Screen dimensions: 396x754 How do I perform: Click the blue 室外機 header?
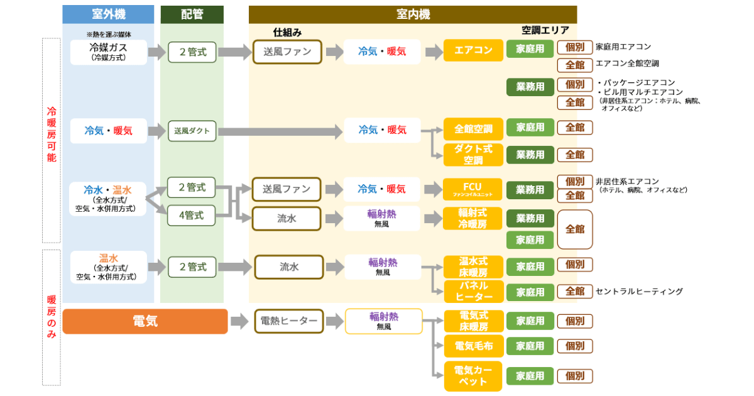pos(108,14)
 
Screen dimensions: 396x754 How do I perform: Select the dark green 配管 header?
pos(192,14)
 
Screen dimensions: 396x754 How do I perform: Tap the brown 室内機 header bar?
pos(412,14)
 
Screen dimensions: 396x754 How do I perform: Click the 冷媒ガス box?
pos(108,52)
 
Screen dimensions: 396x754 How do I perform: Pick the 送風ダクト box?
pos(192,131)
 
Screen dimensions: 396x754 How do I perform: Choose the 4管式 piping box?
pos(192,216)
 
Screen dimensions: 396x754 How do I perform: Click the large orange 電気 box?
pos(145,321)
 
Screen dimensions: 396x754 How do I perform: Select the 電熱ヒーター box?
pos(288,321)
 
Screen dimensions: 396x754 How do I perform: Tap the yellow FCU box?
pos(473,189)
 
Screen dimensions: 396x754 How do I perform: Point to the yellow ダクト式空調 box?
pos(473,155)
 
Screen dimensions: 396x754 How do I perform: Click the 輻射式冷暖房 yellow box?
pos(473,218)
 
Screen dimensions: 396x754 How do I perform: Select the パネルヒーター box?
pos(473,292)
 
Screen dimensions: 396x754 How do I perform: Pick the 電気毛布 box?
pos(473,346)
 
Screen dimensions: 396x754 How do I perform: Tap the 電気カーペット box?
pos(473,376)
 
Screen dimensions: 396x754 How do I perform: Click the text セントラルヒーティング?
pos(638,292)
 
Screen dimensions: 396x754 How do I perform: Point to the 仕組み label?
pos(287,31)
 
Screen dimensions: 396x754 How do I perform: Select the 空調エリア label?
pos(545,30)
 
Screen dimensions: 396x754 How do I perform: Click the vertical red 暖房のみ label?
pos(52,317)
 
